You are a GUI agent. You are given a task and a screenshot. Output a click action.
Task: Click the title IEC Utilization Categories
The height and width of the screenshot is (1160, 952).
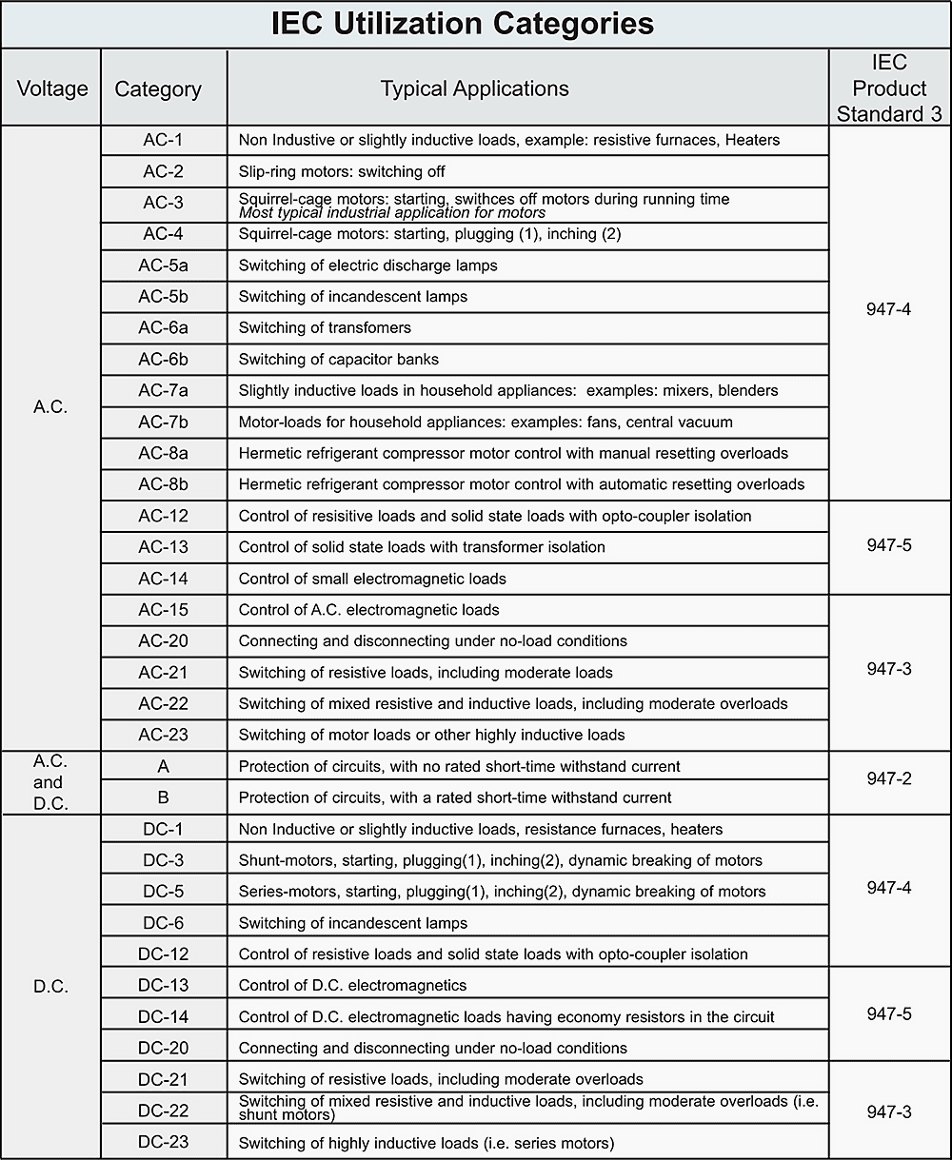click(x=463, y=24)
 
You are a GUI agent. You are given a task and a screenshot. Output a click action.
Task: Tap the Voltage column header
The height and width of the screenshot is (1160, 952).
click(x=52, y=88)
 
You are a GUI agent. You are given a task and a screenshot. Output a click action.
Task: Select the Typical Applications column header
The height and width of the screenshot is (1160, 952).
click(x=474, y=88)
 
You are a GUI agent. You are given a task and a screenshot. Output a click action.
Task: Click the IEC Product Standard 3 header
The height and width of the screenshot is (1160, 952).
click(x=889, y=88)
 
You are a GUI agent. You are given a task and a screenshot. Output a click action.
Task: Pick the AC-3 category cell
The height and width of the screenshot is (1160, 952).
click(x=164, y=203)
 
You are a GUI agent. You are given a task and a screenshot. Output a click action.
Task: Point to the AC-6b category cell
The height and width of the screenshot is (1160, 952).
click(x=164, y=359)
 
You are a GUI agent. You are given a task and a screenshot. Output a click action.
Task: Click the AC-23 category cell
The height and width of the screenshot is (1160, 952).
click(x=164, y=735)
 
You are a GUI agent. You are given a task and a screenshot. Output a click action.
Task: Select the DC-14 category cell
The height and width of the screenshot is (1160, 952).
click(x=164, y=1016)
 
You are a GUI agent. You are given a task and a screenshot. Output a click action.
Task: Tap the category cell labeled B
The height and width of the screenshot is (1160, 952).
click(x=164, y=797)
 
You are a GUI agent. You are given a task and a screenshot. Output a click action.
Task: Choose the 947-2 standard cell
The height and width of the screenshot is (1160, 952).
click(x=889, y=779)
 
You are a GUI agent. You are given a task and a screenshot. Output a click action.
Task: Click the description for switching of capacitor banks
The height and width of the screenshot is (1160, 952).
click(x=339, y=359)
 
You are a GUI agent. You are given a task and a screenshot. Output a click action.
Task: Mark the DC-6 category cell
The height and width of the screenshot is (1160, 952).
click(x=164, y=922)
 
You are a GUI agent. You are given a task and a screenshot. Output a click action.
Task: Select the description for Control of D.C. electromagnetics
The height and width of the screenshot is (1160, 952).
click(x=353, y=985)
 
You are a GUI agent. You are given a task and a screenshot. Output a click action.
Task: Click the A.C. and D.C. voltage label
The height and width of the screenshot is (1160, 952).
click(x=50, y=782)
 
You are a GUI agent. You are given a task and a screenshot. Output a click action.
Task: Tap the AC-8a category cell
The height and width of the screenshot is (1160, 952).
click(x=164, y=453)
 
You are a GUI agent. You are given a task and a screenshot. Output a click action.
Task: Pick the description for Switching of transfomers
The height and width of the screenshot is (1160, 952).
click(x=325, y=327)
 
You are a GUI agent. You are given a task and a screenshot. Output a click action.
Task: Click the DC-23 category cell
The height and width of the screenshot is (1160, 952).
click(x=164, y=1142)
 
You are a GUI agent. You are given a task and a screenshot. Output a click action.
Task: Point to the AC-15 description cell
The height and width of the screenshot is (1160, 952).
click(x=369, y=610)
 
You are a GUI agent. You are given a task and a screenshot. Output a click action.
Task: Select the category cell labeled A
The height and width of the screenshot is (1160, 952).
click(x=164, y=766)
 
